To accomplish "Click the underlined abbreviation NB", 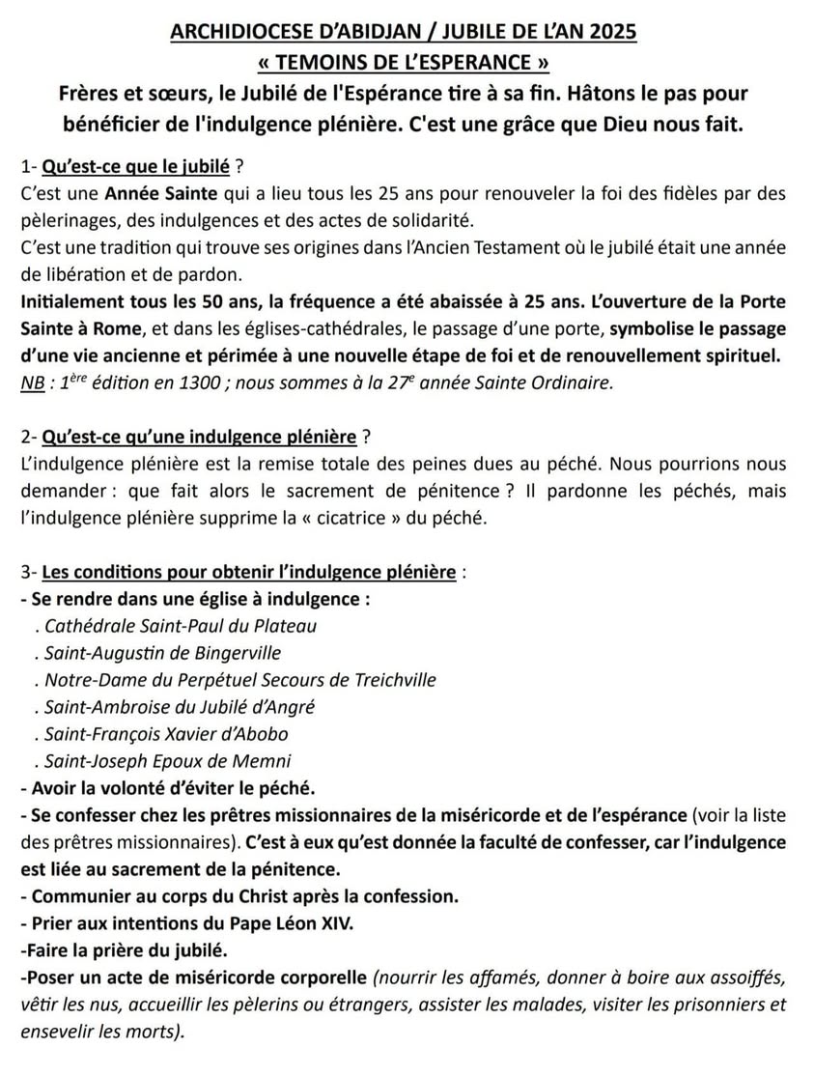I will [x=31, y=382].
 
